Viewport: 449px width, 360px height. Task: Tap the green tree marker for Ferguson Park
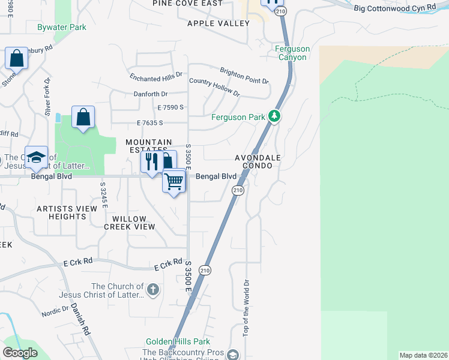(x=274, y=115)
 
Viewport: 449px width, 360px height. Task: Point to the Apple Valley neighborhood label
(x=218, y=23)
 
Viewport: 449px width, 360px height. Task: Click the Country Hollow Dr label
(x=214, y=88)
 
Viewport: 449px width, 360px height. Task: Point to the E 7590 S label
(x=170, y=107)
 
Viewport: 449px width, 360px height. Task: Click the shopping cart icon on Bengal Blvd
(x=174, y=181)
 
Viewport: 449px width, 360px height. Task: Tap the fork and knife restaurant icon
(x=151, y=161)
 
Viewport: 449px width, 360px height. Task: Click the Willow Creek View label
(x=130, y=223)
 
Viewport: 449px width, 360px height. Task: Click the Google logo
(x=20, y=353)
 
